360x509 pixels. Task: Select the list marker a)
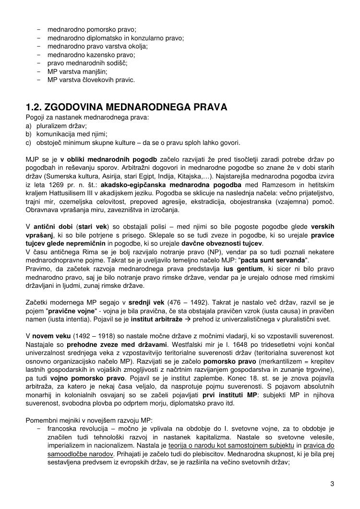[x=29, y=126]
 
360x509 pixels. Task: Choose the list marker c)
[x=29, y=142]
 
